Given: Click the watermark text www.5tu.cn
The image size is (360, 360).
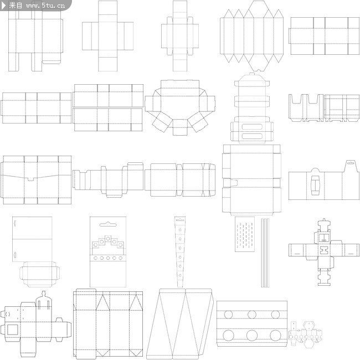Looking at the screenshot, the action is coord(45,6).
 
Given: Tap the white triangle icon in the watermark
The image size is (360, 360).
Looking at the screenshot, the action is coord(4,6).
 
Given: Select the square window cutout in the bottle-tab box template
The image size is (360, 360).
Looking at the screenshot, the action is coord(13,330).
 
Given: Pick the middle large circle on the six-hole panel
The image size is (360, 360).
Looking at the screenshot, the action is coord(252,336).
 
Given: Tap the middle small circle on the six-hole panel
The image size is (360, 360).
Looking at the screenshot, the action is coord(252,315).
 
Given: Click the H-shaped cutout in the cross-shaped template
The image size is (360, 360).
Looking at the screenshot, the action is coord(324,250).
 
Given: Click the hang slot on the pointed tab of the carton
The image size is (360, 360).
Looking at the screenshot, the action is coord(350,163).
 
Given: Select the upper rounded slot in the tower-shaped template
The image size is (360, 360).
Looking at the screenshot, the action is coord(252,127).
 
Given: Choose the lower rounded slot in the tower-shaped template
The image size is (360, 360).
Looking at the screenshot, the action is coord(252,136).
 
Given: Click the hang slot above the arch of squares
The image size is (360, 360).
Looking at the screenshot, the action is coord(108,224).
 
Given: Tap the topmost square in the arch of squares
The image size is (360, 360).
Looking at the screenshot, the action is coord(108,238).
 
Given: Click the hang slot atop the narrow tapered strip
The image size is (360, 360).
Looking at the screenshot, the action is coord(180,220).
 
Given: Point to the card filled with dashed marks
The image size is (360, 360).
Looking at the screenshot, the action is coord(245,234).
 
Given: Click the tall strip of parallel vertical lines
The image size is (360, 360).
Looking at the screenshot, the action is coord(265,253).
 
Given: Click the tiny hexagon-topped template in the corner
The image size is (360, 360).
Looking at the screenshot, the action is coord(306,335).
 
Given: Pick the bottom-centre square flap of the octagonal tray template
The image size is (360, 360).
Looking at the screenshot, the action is coord(180,127).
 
